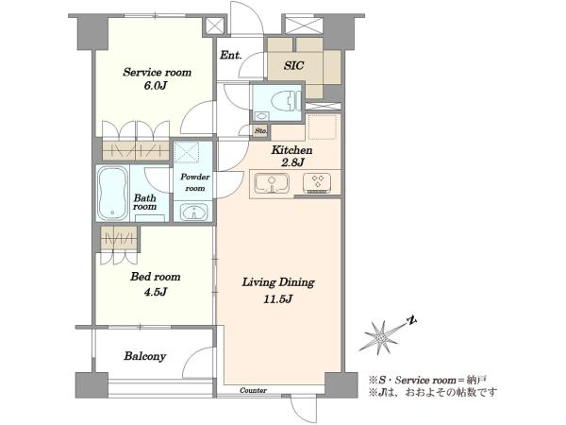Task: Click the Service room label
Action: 157,73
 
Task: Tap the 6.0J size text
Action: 157,86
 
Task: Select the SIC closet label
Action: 293,65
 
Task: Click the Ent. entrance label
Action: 231,56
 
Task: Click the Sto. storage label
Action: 260,131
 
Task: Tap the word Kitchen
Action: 291,150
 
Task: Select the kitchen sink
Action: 272,183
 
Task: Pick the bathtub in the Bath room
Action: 113,194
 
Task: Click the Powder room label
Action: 195,182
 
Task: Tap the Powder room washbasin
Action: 194,212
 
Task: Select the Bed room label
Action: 156,277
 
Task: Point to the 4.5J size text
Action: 156,292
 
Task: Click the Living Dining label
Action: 278,282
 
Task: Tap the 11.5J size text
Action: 278,299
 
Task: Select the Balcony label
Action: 145,357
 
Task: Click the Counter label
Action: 254,391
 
